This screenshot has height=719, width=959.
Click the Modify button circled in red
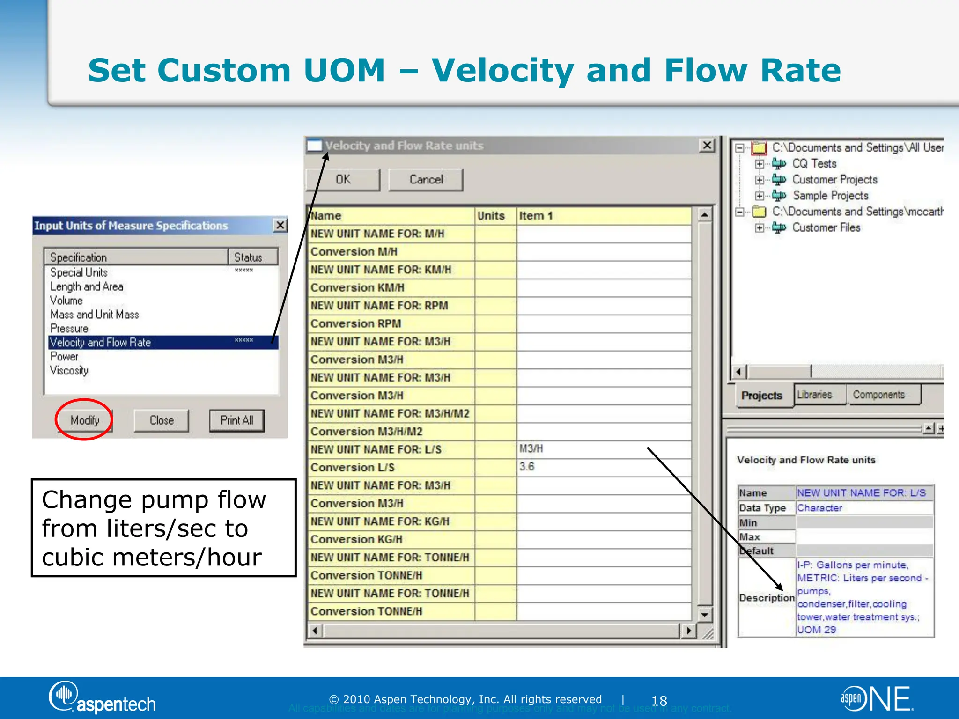[85, 420]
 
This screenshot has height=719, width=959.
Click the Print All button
[236, 420]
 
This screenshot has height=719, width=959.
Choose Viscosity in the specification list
[69, 371]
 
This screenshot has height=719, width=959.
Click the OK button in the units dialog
[343, 180]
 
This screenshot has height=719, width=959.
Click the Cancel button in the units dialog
[426, 180]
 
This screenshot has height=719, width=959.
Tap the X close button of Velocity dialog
[707, 146]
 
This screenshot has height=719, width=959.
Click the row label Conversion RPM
[356, 323]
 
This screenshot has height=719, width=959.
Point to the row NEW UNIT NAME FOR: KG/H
[380, 521]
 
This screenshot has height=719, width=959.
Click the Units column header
[491, 216]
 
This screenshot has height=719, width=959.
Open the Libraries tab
[815, 395]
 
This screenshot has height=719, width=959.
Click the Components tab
[878, 395]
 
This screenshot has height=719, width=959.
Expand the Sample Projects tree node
[760, 196]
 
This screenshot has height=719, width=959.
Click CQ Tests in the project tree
[814, 164]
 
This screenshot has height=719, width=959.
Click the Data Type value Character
[819, 508]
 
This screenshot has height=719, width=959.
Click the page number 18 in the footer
[659, 701]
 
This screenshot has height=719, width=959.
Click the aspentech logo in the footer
[103, 698]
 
